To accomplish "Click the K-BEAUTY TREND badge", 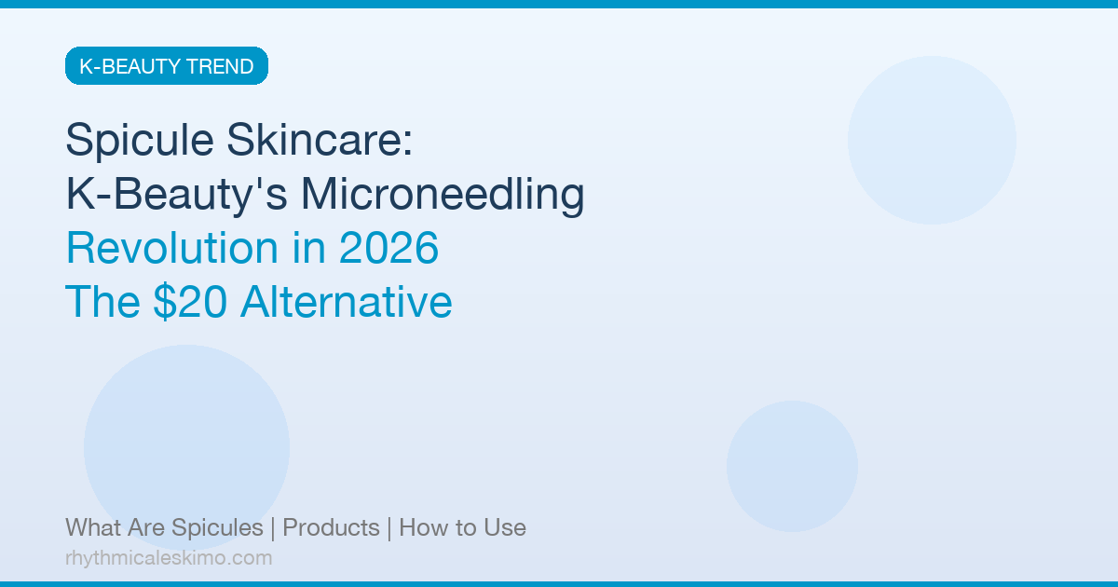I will coord(167,66).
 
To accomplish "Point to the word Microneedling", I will coord(443,195).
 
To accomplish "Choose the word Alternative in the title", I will coord(346,303).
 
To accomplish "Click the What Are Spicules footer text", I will coord(164,528).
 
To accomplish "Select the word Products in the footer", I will coord(331,528).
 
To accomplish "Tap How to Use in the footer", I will coord(462,528).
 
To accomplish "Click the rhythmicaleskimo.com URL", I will coord(169,558).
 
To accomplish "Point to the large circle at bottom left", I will coord(186,447).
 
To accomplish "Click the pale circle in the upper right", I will coord(932,140).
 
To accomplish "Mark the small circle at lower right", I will coord(792,466).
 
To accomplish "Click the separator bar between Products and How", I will coord(389,528).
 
